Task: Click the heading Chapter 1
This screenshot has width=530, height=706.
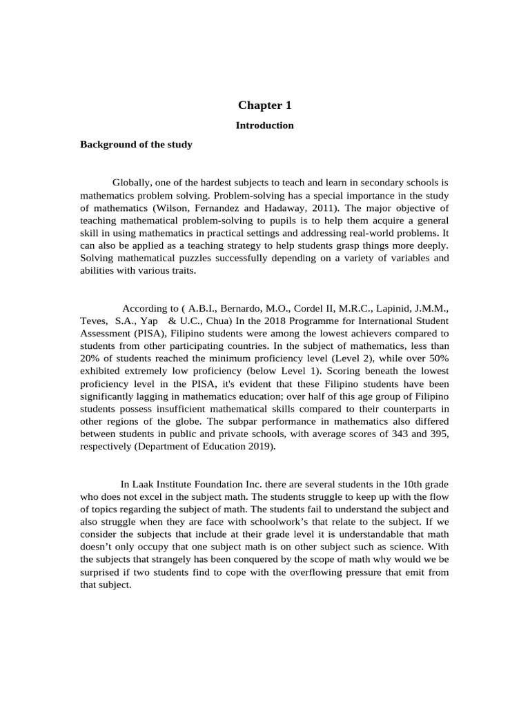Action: tap(265, 105)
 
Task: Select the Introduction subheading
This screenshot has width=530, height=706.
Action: tap(265, 125)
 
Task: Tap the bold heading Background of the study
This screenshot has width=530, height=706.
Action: tap(136, 145)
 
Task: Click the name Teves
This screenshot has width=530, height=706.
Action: tap(93, 321)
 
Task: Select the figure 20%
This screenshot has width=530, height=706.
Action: tap(92, 359)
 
